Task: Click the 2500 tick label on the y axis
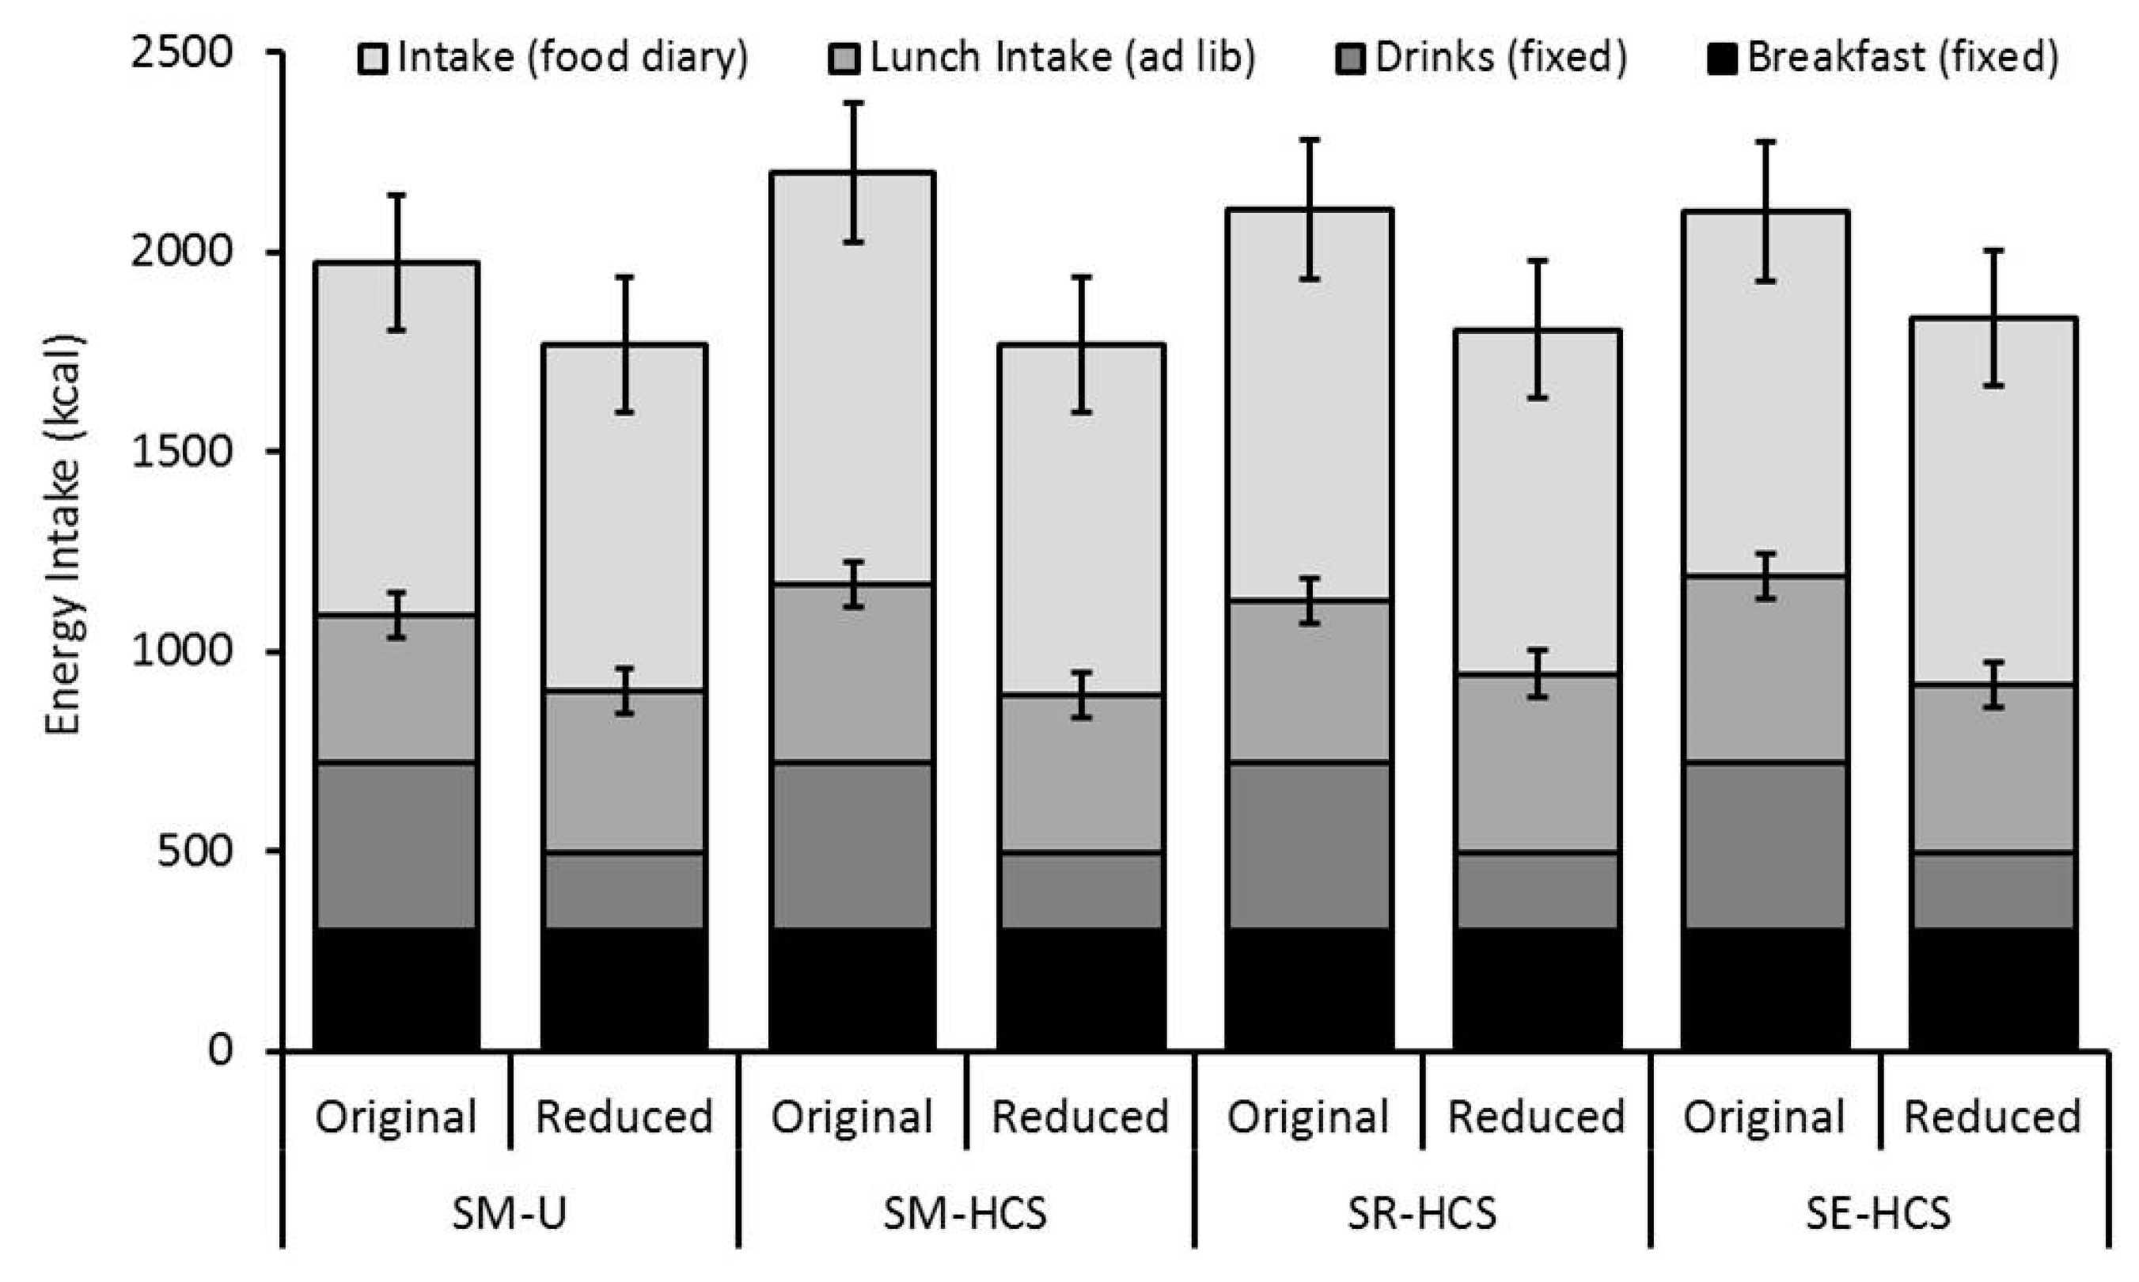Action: (x=181, y=54)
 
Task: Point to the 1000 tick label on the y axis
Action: (x=181, y=651)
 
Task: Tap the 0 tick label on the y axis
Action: (x=220, y=1050)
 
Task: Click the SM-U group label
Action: (x=510, y=1214)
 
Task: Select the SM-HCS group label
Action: (x=965, y=1214)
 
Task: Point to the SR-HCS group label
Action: (x=1421, y=1214)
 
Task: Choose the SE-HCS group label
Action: (x=1878, y=1214)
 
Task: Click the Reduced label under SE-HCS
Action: (x=1992, y=1117)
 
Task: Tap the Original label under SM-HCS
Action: (x=851, y=1117)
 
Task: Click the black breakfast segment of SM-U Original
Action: (x=396, y=989)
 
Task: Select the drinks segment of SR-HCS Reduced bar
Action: (x=1536, y=889)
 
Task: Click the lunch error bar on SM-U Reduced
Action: (x=624, y=691)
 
